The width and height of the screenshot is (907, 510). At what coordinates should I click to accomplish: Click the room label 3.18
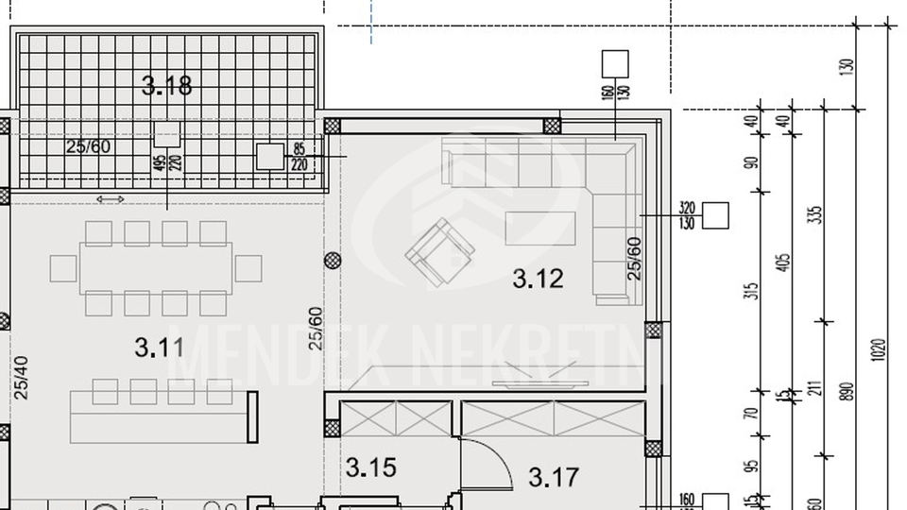point(167,87)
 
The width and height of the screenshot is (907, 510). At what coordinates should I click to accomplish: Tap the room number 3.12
point(538,279)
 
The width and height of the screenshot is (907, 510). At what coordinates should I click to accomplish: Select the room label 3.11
point(159,348)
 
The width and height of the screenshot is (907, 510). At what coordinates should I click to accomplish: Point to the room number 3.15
point(370,467)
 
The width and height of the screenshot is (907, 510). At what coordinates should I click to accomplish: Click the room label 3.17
point(554,478)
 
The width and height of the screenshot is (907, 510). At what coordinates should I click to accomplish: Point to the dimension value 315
point(752,289)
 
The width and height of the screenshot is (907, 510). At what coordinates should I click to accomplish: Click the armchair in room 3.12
point(439,252)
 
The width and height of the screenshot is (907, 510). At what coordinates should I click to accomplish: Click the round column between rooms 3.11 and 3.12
point(333,261)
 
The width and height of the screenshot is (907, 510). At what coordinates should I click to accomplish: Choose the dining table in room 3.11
point(156,267)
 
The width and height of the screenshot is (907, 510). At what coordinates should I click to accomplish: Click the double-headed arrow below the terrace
point(111,199)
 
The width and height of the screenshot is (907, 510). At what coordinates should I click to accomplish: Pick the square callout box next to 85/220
point(270,157)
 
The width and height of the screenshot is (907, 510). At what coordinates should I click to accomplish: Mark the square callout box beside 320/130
point(716,216)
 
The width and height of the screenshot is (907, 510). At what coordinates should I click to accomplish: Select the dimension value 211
point(815,389)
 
